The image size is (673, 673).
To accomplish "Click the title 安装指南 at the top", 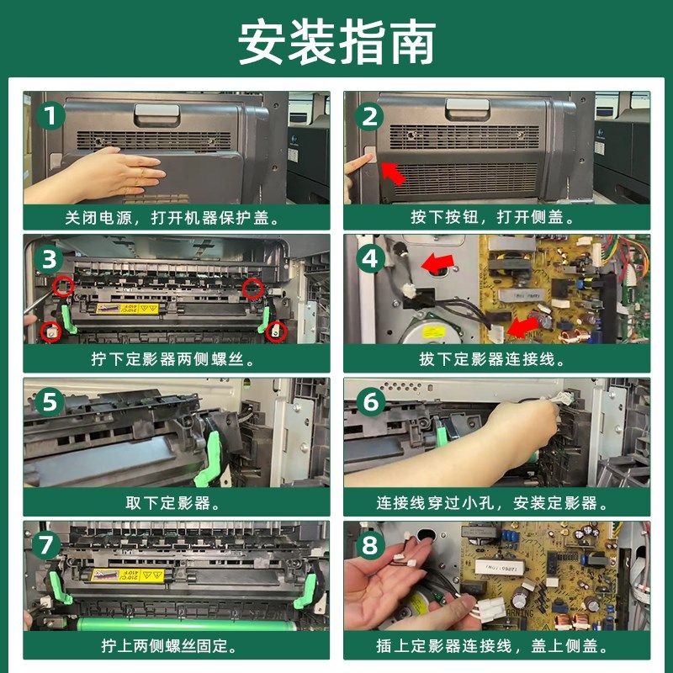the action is [337, 42].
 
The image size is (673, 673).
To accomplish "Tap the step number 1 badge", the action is [50, 116].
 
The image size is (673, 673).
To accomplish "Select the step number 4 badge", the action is [370, 259].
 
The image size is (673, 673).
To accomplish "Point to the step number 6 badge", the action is [371, 403].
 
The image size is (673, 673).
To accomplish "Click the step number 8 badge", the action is [371, 545].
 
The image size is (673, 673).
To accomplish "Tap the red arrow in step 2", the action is [393, 172].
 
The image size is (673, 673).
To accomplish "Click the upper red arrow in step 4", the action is [437, 262].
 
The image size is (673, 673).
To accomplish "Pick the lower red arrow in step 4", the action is [522, 328].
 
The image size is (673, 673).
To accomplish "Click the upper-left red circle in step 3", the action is [63, 287].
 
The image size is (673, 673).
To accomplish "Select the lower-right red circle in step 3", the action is [276, 331].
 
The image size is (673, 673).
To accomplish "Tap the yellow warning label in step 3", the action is [127, 309].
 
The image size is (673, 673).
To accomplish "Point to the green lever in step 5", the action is [210, 459].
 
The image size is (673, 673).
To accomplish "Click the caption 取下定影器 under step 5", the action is [172, 503].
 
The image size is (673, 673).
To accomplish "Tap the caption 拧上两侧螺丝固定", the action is [170, 645].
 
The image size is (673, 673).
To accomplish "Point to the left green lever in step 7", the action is [61, 587].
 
